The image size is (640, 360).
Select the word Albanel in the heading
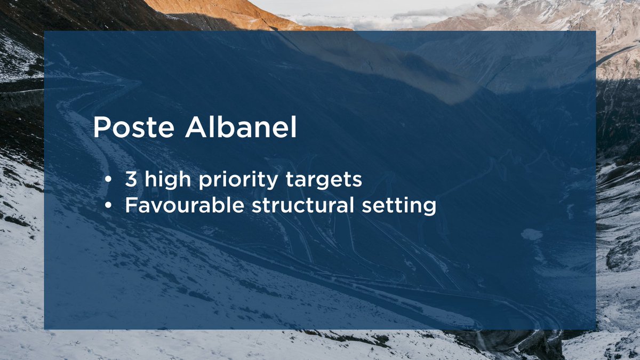pyautogui.click(x=241, y=128)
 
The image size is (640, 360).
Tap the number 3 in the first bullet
pyautogui.click(x=131, y=180)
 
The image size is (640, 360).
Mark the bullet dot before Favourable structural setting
pyautogui.click(x=108, y=205)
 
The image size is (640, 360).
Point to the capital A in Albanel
pyautogui.click(x=197, y=128)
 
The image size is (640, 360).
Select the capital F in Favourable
pyautogui.click(x=130, y=205)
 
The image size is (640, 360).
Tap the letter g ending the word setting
pyautogui.click(x=430, y=207)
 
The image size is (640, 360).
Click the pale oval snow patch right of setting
pyautogui.click(x=531, y=234)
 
